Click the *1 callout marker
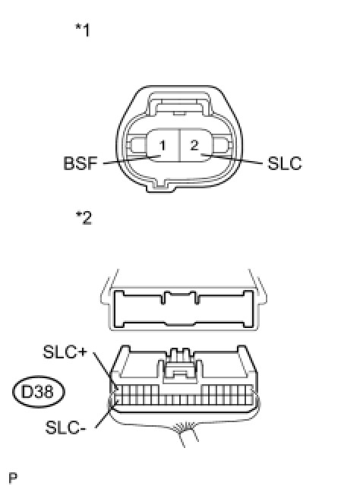click(83, 30)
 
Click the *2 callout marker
click(84, 217)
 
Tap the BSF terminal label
click(81, 163)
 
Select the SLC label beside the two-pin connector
click(285, 162)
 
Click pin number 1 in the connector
click(163, 146)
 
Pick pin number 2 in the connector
click(194, 145)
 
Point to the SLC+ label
click(65, 352)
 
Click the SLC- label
click(65, 427)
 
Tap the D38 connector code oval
click(39, 391)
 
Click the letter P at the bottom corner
click(13, 478)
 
